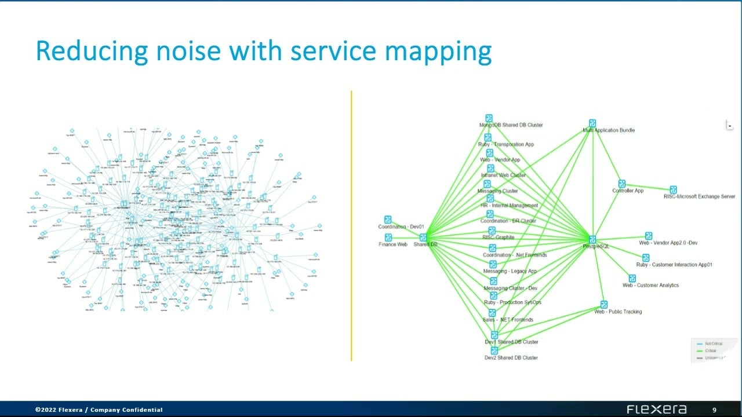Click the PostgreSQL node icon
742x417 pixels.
[592, 239]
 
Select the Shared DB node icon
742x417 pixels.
[423, 237]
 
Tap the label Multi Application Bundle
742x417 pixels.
[609, 131]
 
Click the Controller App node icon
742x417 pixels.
[621, 184]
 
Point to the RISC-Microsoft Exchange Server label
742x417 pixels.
[699, 197]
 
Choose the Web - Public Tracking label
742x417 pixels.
[618, 312]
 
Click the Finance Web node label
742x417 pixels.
[393, 244]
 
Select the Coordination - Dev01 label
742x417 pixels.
[401, 227]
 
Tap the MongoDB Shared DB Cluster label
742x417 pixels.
[511, 125]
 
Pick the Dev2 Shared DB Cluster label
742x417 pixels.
[511, 358]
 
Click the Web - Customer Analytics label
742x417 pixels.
[650, 286]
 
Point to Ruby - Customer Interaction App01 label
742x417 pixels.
[674, 265]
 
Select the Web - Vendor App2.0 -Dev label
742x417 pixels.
[668, 243]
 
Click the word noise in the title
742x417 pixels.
[184, 51]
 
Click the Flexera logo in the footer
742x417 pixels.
[656, 409]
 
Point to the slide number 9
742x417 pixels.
[715, 410]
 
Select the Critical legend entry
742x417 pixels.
[710, 351]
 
